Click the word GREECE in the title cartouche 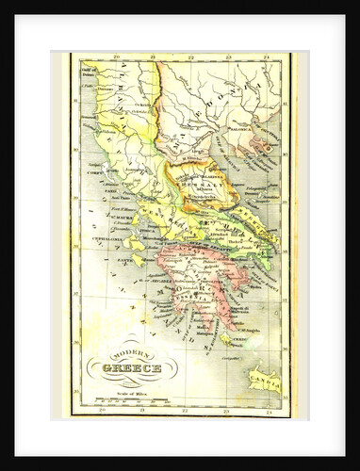coord(132,368)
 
